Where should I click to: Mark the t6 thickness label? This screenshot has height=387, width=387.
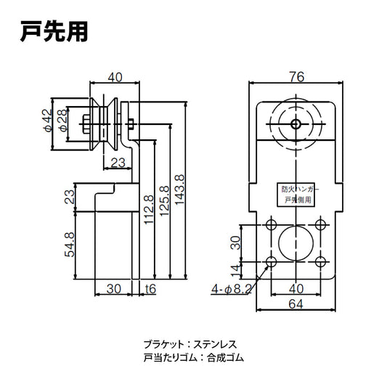tap(151, 288)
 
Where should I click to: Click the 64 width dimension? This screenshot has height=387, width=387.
tap(295, 305)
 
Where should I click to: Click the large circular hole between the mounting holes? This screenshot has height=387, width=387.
tap(294, 242)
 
